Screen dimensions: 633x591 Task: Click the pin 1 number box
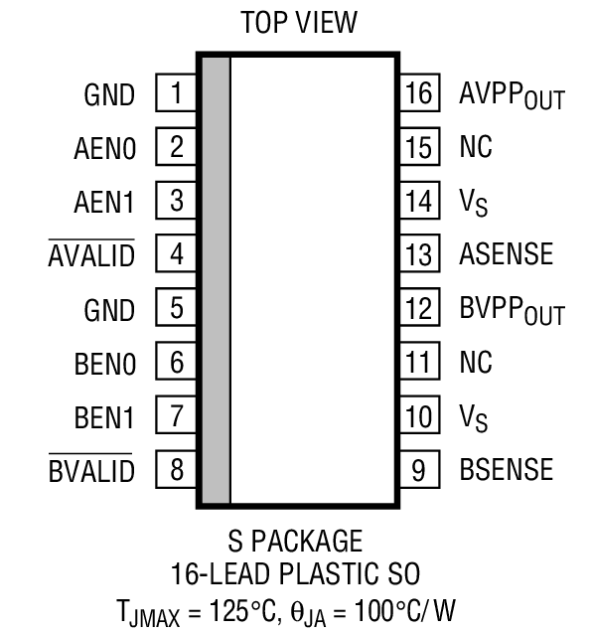point(176,94)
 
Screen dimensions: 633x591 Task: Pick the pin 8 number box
point(176,468)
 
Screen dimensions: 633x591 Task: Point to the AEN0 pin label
point(103,149)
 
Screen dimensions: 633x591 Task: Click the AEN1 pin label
point(103,202)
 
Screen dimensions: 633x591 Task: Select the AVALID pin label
point(90,255)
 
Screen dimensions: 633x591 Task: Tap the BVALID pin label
point(90,469)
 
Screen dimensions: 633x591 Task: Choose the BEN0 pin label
point(103,363)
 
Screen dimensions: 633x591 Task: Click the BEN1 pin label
point(103,415)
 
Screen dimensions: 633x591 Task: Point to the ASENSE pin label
point(506,254)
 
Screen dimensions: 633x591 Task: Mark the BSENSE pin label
point(506,468)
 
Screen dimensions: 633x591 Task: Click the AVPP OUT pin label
point(511,96)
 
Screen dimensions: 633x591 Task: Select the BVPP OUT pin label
point(511,310)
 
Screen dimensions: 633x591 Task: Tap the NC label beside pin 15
point(476,148)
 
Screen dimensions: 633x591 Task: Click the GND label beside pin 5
point(109,309)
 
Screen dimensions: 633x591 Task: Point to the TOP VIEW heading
point(297,24)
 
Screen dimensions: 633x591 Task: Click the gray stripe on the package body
point(216,278)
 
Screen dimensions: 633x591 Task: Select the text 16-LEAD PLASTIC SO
point(295,573)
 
